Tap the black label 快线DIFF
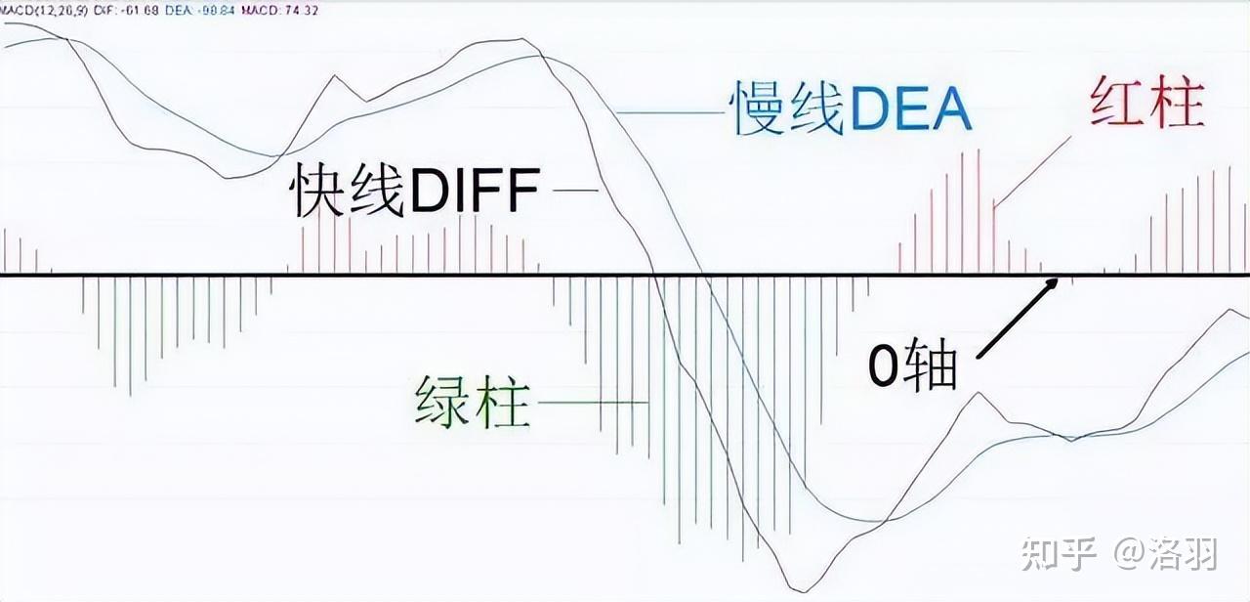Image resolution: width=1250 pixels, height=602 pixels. pos(414,191)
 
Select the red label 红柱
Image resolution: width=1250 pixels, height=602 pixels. pos(1146,104)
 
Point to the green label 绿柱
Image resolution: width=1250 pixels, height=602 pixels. pos(473,402)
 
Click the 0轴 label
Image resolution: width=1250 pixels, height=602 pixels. pos(914,367)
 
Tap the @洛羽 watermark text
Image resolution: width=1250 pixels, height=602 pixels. pos(1167,554)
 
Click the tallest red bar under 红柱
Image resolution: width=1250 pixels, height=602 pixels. pos(977,210)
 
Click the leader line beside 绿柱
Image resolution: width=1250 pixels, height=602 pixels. pos(592,402)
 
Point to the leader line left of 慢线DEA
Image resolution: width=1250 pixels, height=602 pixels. pos(669,111)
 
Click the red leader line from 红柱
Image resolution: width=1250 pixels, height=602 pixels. pos(1031,171)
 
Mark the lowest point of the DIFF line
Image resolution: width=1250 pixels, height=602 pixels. pos(798,590)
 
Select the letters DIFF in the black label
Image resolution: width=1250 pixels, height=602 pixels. pos(475,192)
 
